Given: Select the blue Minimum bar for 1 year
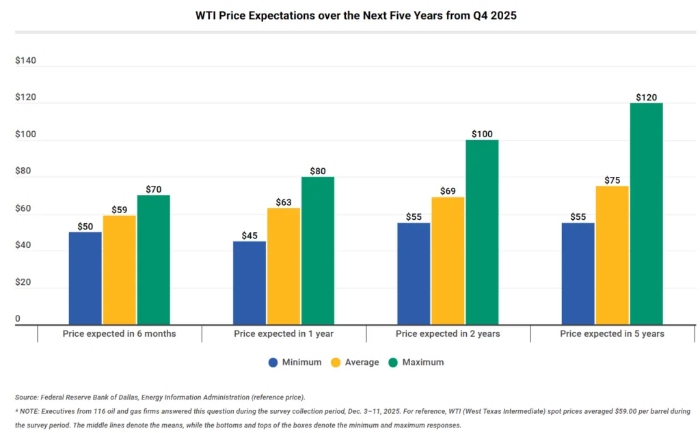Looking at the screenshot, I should (x=250, y=283).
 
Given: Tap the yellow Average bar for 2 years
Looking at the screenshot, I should (x=448, y=260).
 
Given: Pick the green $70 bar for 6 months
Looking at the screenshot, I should (x=154, y=260).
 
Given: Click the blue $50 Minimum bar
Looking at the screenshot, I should (x=85, y=278).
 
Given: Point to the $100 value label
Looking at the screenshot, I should (x=482, y=134).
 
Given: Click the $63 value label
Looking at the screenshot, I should (x=283, y=201).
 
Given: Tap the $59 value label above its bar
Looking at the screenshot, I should (x=119, y=210).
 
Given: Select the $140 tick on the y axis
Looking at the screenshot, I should (x=25, y=61).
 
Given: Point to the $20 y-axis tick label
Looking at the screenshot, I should (x=23, y=282).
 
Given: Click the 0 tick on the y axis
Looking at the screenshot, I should (x=18, y=319).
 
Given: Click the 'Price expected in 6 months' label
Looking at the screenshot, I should (x=119, y=334).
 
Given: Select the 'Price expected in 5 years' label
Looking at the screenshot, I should (x=612, y=334).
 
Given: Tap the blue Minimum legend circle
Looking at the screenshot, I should (x=273, y=363).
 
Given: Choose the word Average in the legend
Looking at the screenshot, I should (x=362, y=363).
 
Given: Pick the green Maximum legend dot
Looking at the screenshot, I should (x=393, y=363).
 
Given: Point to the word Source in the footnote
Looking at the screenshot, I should (x=26, y=397).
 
